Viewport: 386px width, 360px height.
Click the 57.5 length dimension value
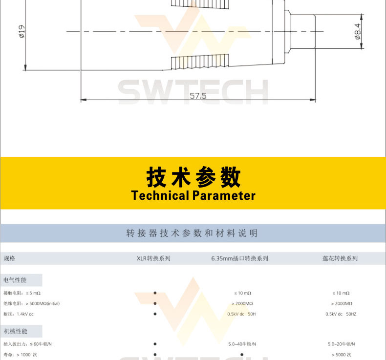tap(198, 96)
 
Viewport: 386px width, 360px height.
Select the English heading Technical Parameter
tap(193, 196)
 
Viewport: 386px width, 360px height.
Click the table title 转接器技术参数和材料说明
tap(192, 233)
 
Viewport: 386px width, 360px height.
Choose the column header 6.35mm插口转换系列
tap(239, 258)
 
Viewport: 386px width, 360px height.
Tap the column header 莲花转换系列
tap(340, 258)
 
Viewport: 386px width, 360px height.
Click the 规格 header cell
tap(9, 258)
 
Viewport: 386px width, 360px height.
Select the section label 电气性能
tap(15, 280)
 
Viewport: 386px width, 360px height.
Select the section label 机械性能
tap(15, 331)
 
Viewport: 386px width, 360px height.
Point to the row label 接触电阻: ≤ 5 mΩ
tap(22, 293)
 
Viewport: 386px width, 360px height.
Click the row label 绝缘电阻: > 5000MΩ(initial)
tap(31, 303)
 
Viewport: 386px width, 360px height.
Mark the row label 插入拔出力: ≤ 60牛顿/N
tap(27, 344)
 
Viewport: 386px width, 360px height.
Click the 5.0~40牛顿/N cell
tap(242, 344)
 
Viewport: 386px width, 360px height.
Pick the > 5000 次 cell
tap(341, 355)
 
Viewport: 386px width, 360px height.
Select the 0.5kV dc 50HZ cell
tap(341, 314)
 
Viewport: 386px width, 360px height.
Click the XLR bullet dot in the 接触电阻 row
tap(155, 293)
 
